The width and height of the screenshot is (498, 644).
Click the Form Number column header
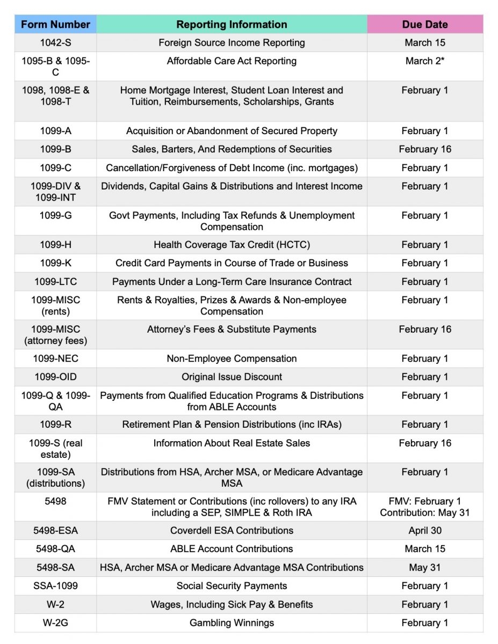55,24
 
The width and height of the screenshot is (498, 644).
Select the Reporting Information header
232,24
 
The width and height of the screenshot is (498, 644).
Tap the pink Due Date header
424,24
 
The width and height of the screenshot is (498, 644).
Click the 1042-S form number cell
55,43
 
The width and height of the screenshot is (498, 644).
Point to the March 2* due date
424,61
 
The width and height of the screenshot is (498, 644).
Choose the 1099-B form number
55,149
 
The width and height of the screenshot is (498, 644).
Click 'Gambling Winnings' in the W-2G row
232,623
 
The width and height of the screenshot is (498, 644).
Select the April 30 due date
424,531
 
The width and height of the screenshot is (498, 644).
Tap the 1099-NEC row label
55,358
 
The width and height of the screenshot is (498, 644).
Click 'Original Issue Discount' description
232,377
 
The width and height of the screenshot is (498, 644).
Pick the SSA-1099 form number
55,586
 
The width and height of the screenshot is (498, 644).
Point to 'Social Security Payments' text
232,586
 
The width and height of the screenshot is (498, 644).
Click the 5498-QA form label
55,549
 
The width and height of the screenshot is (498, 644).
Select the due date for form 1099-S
424,443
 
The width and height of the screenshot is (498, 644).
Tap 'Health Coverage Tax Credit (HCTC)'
232,245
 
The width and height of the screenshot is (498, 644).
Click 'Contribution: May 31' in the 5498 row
424,513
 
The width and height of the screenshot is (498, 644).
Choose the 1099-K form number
55,263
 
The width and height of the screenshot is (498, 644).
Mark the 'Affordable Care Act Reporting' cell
232,61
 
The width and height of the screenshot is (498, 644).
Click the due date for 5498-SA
424,567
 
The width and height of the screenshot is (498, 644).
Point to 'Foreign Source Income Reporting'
232,43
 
